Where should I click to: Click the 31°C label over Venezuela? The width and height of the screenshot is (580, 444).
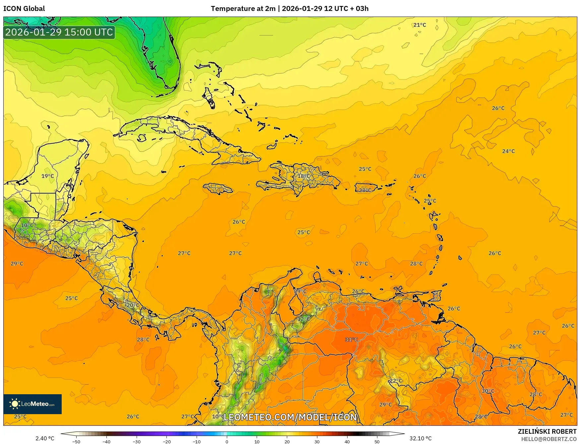coord(351,339)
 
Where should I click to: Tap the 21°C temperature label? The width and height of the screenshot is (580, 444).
coord(419,25)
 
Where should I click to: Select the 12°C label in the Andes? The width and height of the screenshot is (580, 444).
coord(303,319)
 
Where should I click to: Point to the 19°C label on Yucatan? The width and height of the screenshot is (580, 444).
coord(47,176)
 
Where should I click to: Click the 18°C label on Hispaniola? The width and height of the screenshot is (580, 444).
coord(303,176)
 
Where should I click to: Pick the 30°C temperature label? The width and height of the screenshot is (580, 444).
coord(488,391)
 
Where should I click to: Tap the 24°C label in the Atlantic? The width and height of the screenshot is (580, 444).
coord(508,151)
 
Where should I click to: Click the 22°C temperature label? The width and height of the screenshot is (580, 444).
coord(396,381)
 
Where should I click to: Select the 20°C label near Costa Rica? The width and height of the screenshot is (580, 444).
coord(133,305)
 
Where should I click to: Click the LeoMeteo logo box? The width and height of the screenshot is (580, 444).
coord(32,404)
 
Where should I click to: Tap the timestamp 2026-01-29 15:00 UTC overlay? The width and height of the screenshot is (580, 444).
coord(59,32)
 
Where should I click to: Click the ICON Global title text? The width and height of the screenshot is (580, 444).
coord(24,9)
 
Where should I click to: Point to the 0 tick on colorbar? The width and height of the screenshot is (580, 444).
coord(227,441)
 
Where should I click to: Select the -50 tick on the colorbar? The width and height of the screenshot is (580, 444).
coord(76,441)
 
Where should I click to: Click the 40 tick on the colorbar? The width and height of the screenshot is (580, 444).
coord(347,441)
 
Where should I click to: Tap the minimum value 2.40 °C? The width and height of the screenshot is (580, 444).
coord(45,438)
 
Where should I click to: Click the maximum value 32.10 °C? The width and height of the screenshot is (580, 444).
coord(420,438)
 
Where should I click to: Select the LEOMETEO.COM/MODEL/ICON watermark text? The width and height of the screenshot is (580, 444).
coord(290,417)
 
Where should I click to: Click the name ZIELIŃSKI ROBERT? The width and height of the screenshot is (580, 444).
coord(547,431)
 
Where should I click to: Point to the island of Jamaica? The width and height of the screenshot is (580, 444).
coord(218,189)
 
